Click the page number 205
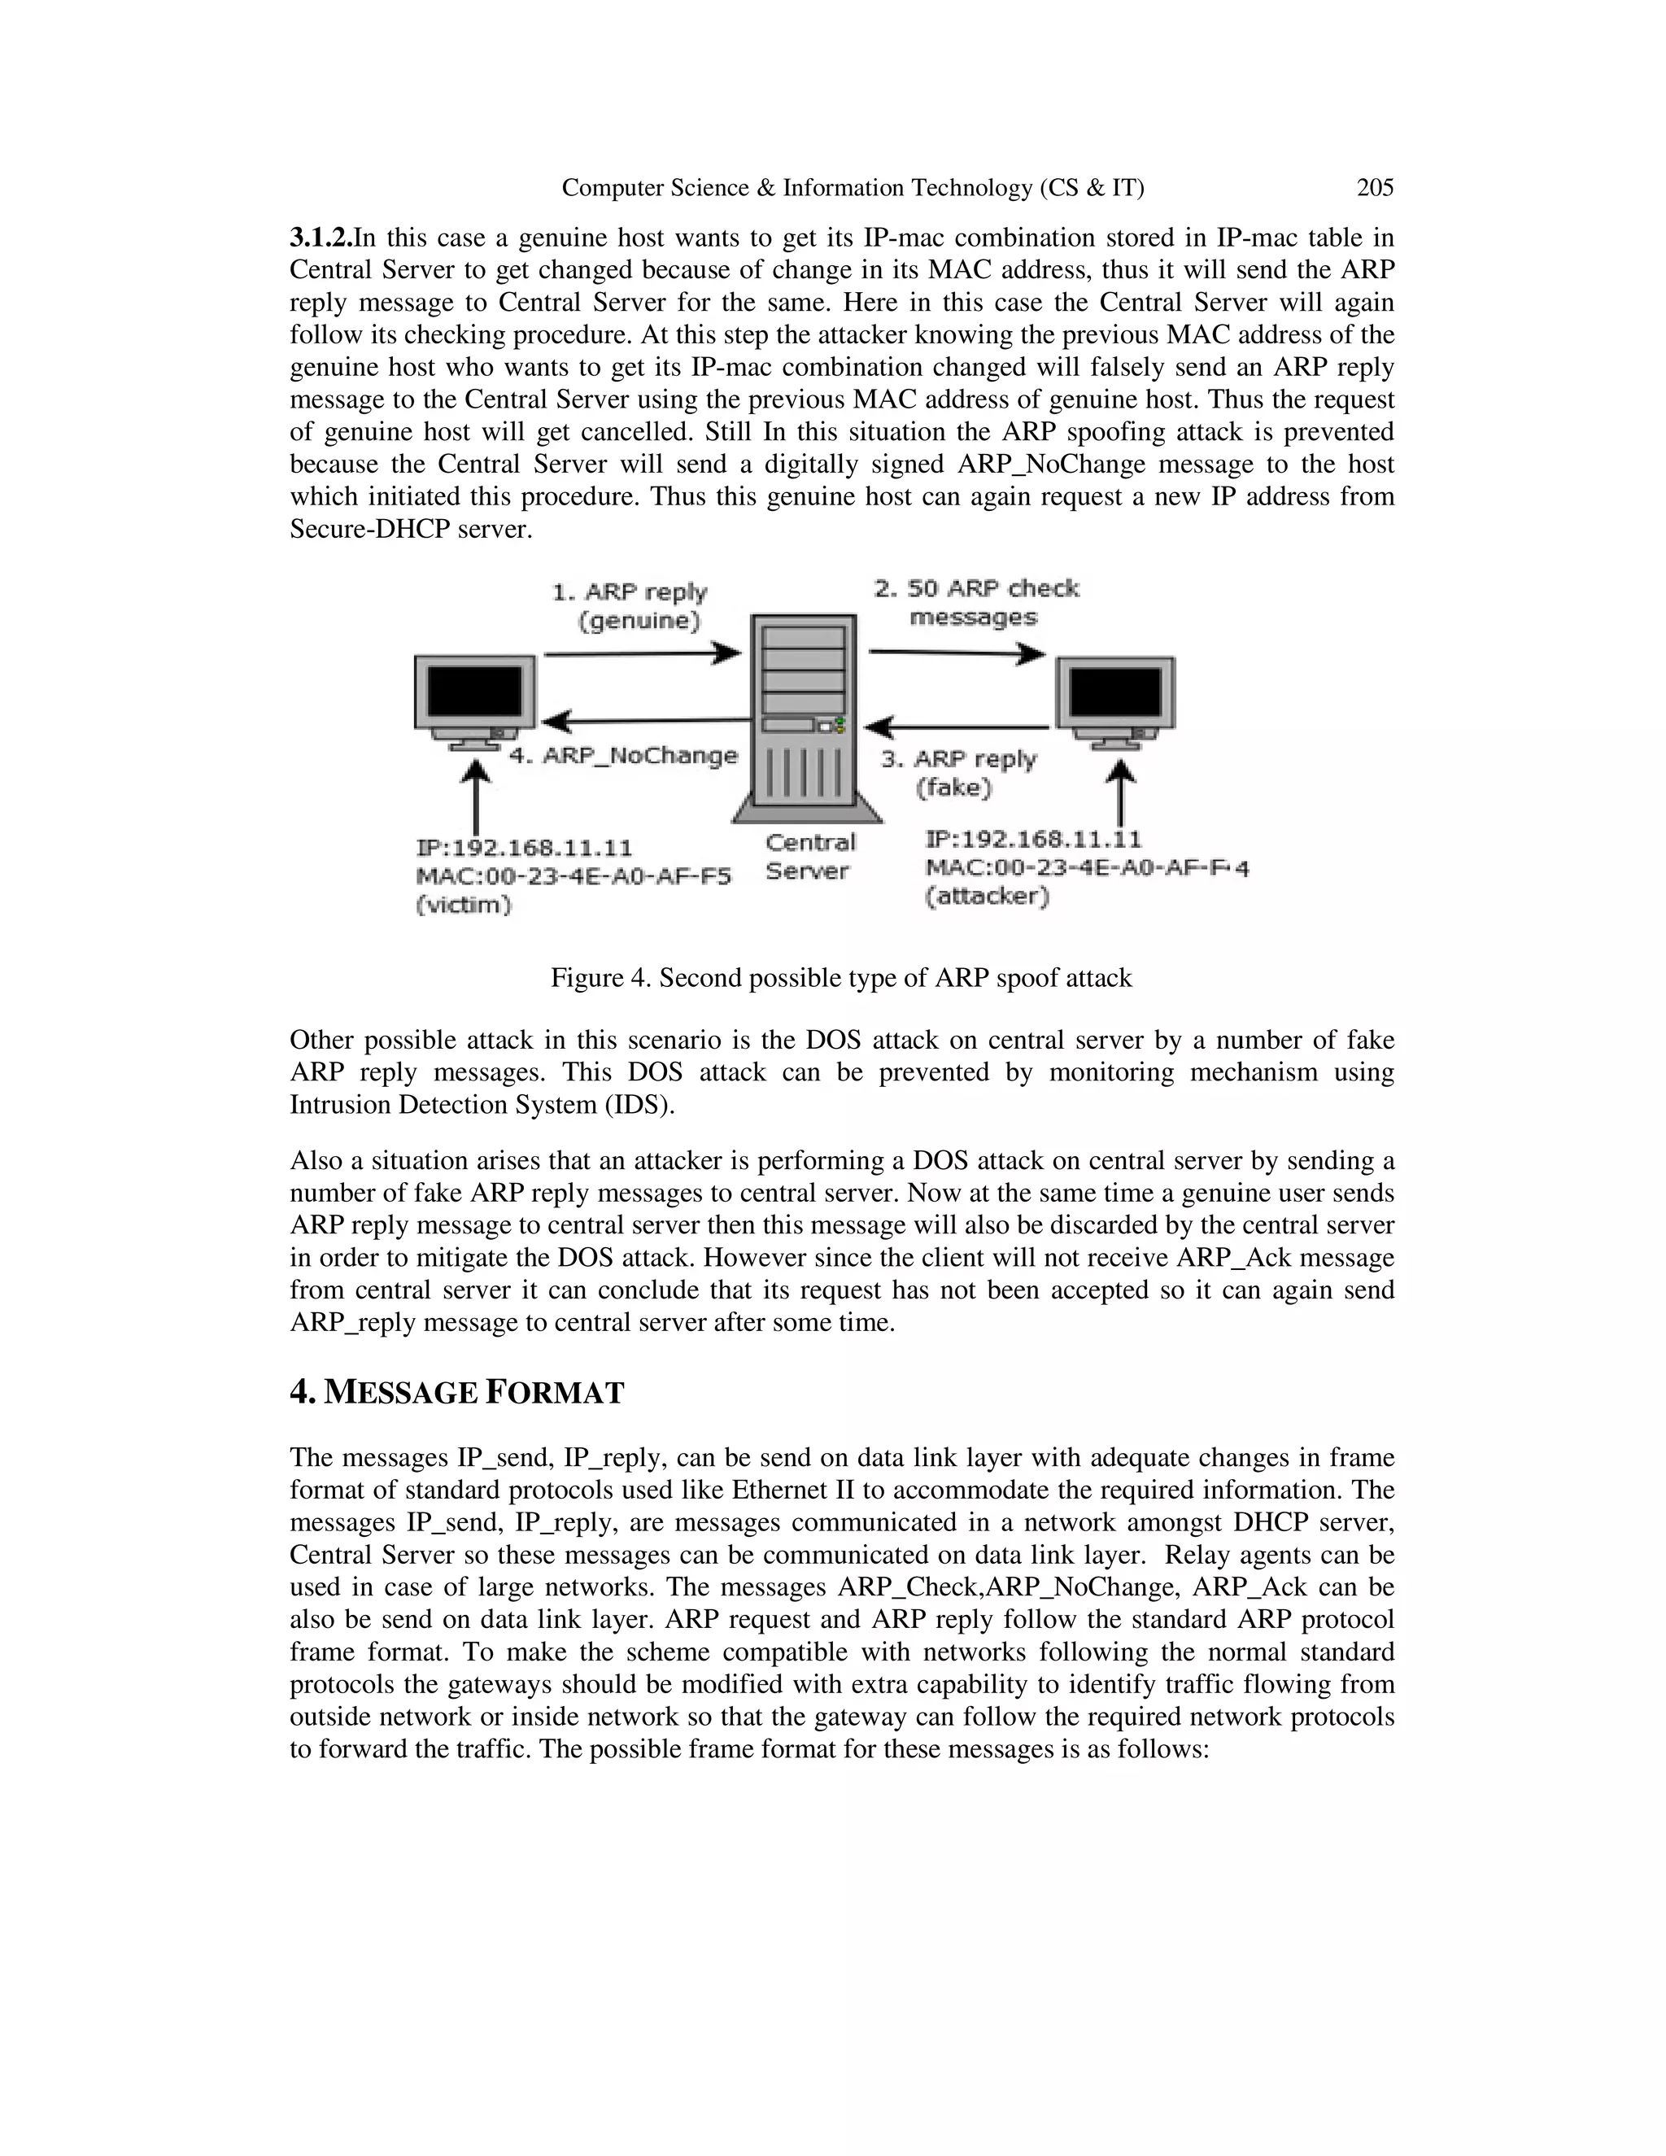(1375, 188)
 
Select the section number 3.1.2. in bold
(321, 238)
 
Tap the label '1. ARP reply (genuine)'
(630, 605)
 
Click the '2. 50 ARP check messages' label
(975, 602)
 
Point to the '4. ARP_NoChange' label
(623, 755)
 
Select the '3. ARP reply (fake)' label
(958, 773)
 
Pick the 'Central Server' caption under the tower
(809, 856)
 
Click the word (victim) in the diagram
(464, 904)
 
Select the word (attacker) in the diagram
(987, 897)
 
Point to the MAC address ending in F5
(574, 876)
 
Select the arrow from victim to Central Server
(642, 652)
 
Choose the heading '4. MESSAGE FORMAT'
(457, 1392)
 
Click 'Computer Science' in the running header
(654, 188)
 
